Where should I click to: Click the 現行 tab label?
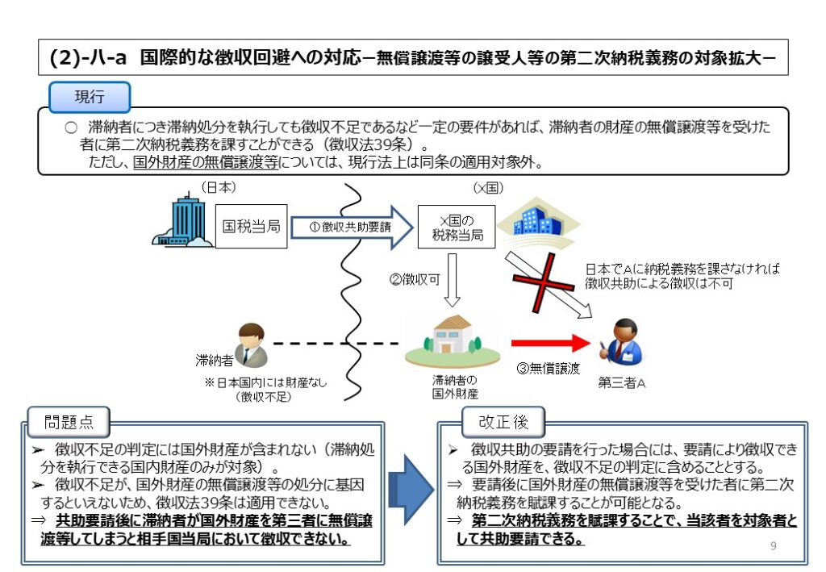coord(90,97)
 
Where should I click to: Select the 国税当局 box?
coord(251,228)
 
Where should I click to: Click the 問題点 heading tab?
coord(68,422)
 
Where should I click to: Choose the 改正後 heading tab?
coord(503,422)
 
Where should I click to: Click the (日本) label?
coord(218,187)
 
